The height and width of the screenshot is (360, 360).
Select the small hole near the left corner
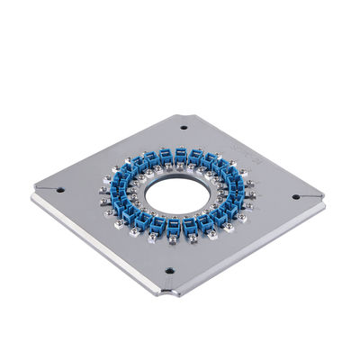pyautogui.click(x=60, y=190)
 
